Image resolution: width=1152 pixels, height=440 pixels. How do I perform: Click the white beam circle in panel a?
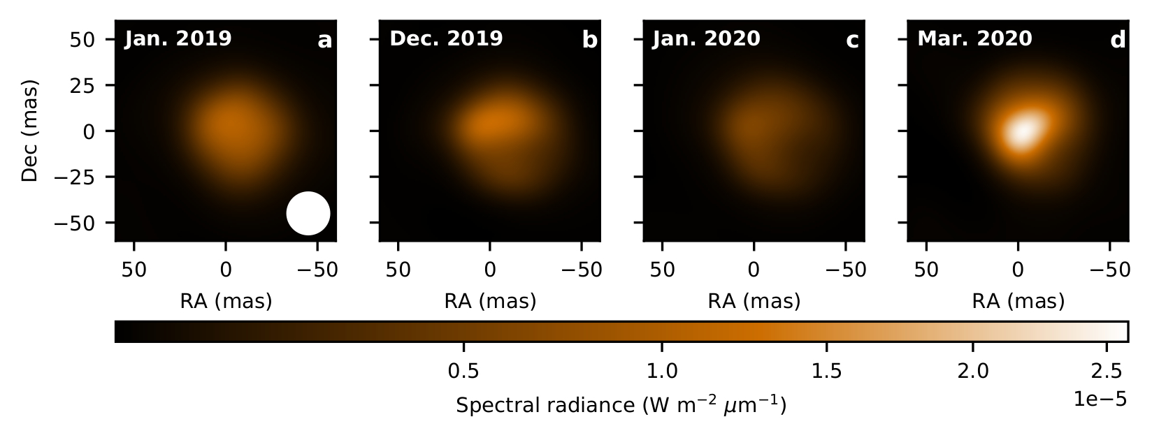click(x=308, y=213)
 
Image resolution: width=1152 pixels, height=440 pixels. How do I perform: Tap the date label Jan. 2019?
click(x=178, y=38)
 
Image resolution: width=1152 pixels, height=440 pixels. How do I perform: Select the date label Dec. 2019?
click(x=446, y=38)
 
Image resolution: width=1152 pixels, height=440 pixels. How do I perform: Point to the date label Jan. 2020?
click(x=706, y=38)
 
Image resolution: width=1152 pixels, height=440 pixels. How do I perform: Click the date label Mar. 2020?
click(x=974, y=38)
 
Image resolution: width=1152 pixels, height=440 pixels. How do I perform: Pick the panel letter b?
click(x=590, y=41)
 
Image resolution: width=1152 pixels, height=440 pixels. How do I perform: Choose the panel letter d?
click(x=1118, y=41)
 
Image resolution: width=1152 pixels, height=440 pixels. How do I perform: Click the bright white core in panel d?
click(x=1021, y=131)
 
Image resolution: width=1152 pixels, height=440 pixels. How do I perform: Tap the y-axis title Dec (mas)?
click(x=29, y=131)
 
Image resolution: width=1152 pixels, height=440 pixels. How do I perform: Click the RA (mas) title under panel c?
click(x=754, y=301)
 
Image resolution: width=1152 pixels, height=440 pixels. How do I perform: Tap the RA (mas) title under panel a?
click(x=226, y=301)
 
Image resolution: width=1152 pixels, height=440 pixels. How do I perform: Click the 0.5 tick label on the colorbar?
click(x=463, y=369)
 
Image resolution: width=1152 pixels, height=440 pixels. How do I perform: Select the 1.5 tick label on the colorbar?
click(x=827, y=369)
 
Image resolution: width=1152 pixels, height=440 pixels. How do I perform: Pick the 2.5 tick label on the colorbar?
click(x=1106, y=369)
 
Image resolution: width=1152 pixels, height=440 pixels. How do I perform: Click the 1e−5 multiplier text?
click(x=1100, y=399)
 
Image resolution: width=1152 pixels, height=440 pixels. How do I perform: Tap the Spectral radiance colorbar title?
click(x=621, y=405)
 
